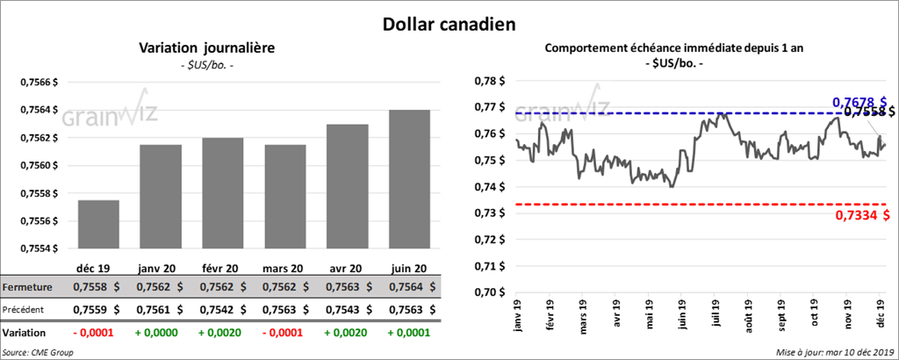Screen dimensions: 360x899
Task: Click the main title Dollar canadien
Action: tap(449, 21)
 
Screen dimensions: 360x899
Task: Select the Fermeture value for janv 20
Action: tap(160, 287)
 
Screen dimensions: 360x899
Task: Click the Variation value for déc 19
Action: tap(98, 334)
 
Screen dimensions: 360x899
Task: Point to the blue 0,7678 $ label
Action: tap(859, 102)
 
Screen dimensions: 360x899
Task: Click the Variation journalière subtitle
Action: tap(207, 48)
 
